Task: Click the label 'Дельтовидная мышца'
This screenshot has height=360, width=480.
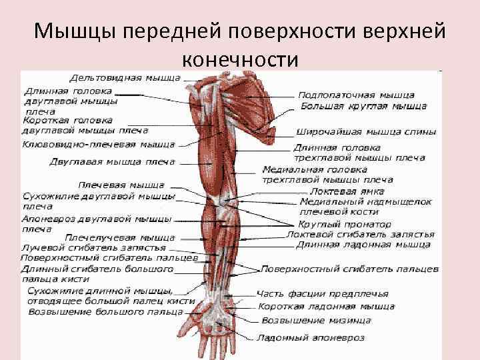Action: (125, 78)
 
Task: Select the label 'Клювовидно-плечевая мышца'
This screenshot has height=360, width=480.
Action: (99, 144)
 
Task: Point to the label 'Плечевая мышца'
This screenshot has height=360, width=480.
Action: (121, 185)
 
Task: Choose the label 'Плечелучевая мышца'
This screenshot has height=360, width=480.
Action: (120, 237)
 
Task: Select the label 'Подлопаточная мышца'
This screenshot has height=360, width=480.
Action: (356, 95)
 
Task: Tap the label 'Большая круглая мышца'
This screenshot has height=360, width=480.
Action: (363, 106)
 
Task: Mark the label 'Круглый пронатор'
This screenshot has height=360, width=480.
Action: (345, 224)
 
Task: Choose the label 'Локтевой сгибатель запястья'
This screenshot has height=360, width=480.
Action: (360, 235)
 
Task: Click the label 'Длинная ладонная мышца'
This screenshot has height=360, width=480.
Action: (363, 245)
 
